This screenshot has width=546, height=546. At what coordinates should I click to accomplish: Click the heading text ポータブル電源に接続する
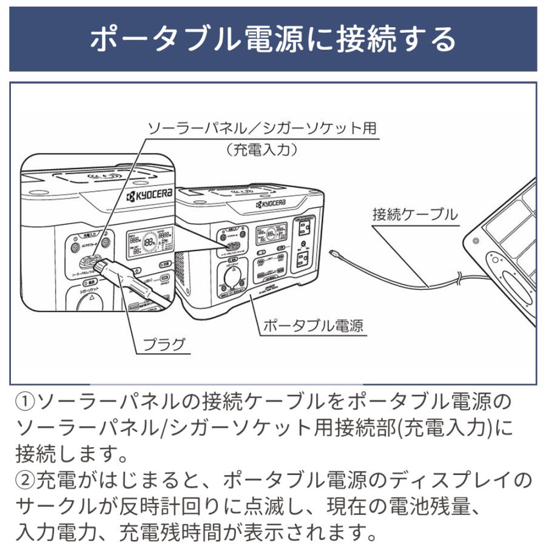(x=272, y=39)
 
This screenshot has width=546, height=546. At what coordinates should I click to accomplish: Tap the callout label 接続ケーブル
(x=414, y=214)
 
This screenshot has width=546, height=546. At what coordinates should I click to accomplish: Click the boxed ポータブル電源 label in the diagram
(x=312, y=326)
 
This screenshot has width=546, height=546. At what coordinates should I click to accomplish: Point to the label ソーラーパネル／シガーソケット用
(x=262, y=129)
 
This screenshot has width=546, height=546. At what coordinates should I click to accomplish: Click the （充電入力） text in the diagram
(x=262, y=150)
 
